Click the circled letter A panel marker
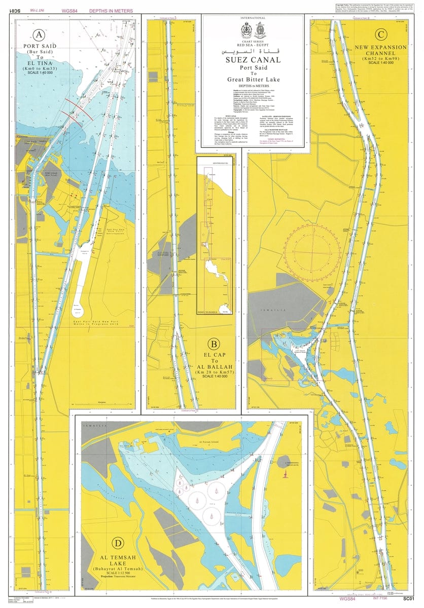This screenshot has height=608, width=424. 38,34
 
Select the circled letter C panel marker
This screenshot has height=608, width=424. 380,34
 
